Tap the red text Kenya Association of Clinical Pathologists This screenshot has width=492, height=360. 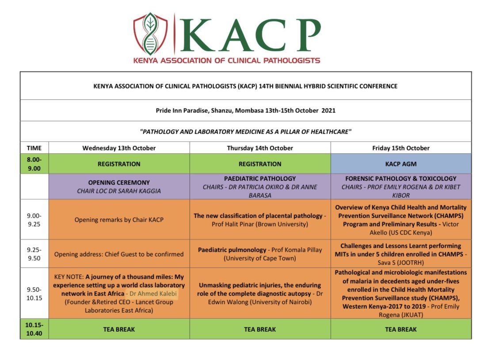(227, 60)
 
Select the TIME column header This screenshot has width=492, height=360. (34, 148)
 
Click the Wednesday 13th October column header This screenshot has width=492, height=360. (119, 148)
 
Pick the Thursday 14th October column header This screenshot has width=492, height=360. (260, 148)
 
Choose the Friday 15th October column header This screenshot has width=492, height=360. (400, 148)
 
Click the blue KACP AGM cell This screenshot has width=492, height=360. (400, 164)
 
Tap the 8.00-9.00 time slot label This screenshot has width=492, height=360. (34, 164)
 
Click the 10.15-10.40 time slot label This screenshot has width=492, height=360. (34, 329)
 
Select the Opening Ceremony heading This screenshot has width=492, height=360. (119, 182)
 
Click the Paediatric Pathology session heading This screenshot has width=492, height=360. (260, 179)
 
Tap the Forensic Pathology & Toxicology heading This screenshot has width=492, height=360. (400, 179)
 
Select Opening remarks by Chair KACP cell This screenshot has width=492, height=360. (119, 219)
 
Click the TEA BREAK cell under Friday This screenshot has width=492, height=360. (400, 329)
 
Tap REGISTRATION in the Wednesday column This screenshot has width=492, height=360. (119, 164)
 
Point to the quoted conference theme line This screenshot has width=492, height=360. (245, 131)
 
